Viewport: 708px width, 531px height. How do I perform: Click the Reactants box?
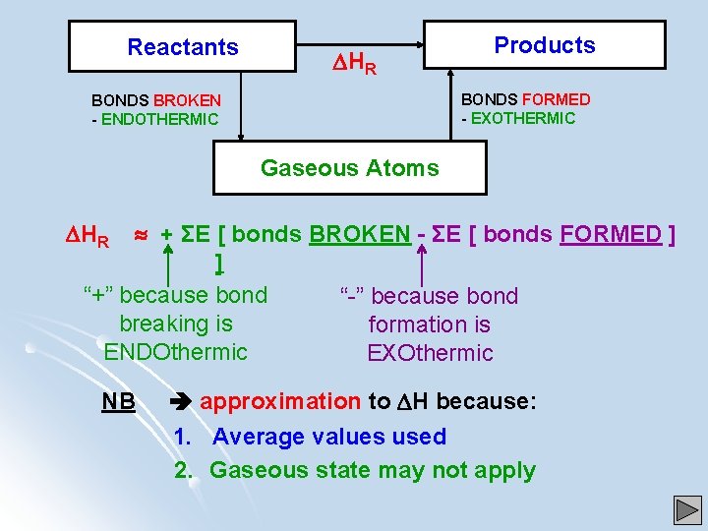click(183, 47)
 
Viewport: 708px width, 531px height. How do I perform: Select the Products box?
click(545, 45)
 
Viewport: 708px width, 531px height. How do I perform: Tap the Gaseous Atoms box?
click(350, 168)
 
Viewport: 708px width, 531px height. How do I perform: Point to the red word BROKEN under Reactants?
click(187, 100)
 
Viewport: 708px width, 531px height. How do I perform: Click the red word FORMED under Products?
click(557, 99)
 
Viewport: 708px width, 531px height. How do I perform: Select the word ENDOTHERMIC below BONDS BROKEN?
click(159, 120)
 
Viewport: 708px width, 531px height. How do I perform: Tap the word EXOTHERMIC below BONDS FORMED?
click(524, 118)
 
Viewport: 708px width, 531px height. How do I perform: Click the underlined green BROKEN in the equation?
click(360, 234)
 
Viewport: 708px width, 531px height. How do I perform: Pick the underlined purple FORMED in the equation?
click(611, 234)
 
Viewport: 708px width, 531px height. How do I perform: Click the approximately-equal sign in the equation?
click(141, 234)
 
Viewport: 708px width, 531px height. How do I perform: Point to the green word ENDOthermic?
click(175, 352)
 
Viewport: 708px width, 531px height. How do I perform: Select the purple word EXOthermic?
click(430, 353)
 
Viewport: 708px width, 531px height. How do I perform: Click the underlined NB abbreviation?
click(118, 402)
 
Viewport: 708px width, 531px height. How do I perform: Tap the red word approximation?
click(280, 401)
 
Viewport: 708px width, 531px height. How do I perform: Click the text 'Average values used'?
click(328, 437)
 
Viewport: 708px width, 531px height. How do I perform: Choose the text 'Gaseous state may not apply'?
click(373, 470)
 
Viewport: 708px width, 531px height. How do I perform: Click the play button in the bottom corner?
click(687, 510)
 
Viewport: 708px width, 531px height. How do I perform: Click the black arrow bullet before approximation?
click(182, 402)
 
